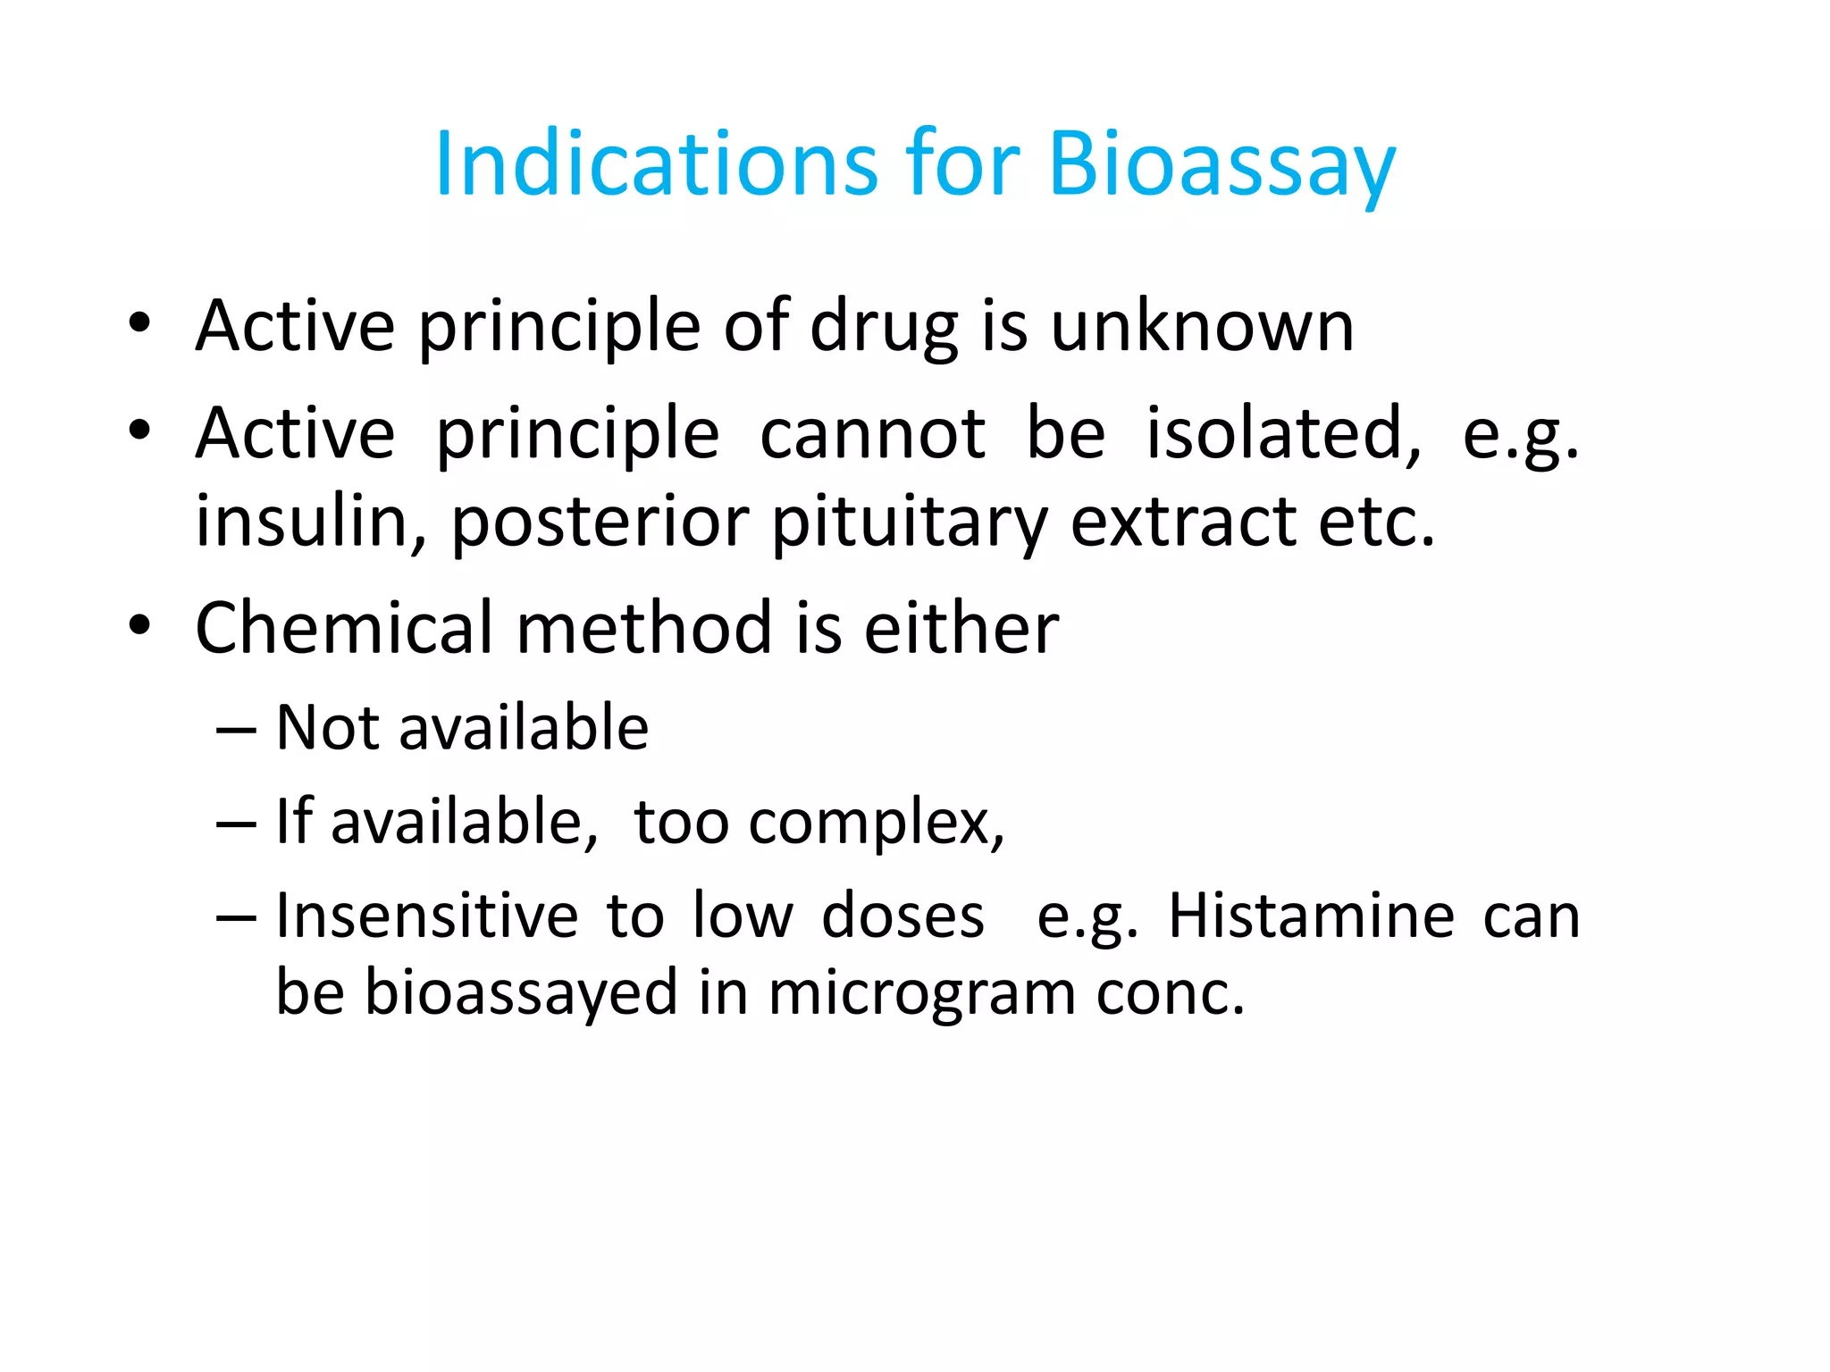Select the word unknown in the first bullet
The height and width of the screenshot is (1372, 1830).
coord(1202,326)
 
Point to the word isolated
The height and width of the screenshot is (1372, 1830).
coord(1283,434)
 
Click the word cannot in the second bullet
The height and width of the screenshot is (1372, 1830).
coord(873,434)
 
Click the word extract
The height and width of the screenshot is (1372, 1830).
coord(1183,521)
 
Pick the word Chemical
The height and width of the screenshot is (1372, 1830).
coord(344,628)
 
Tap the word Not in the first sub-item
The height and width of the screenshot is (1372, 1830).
coord(330,727)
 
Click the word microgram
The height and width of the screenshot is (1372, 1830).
coord(921,994)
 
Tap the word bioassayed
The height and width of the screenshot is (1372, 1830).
coord(522,994)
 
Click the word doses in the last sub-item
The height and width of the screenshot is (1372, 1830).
coord(902,916)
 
